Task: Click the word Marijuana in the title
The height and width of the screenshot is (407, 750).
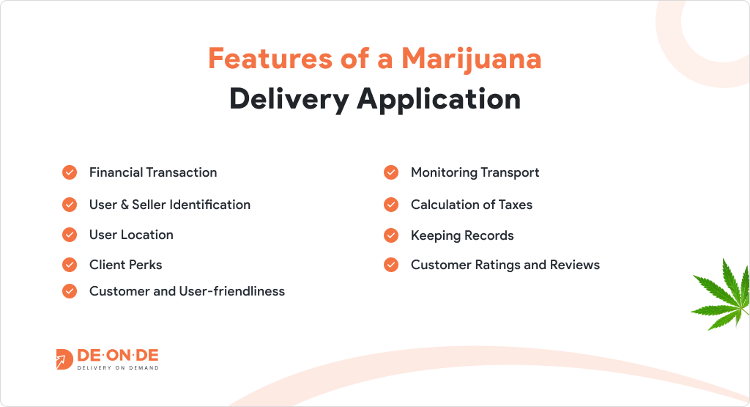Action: click(471, 59)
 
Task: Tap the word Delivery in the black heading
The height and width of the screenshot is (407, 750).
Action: click(289, 100)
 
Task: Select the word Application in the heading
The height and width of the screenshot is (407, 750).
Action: click(439, 100)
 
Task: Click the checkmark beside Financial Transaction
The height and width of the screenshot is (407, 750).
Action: click(70, 172)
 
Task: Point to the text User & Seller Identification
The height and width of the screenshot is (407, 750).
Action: click(170, 205)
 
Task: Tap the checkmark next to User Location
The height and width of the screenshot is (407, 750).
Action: click(70, 235)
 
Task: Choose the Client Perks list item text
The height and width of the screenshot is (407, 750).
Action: click(126, 265)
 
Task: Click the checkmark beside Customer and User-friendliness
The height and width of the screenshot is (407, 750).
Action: click(70, 291)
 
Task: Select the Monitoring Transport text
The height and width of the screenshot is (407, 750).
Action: click(475, 173)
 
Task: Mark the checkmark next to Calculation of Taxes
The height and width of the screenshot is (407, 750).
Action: click(391, 205)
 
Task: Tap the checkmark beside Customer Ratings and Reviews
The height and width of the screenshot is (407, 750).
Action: click(391, 265)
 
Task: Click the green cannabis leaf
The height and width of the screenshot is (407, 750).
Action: click(721, 295)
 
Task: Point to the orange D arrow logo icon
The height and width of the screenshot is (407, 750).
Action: click(64, 359)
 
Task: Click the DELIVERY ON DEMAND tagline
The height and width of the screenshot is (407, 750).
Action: click(118, 367)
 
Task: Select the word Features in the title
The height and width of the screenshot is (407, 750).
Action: click(270, 59)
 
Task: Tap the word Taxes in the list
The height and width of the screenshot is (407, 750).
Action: click(516, 205)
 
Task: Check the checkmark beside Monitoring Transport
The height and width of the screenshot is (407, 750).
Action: click(391, 172)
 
